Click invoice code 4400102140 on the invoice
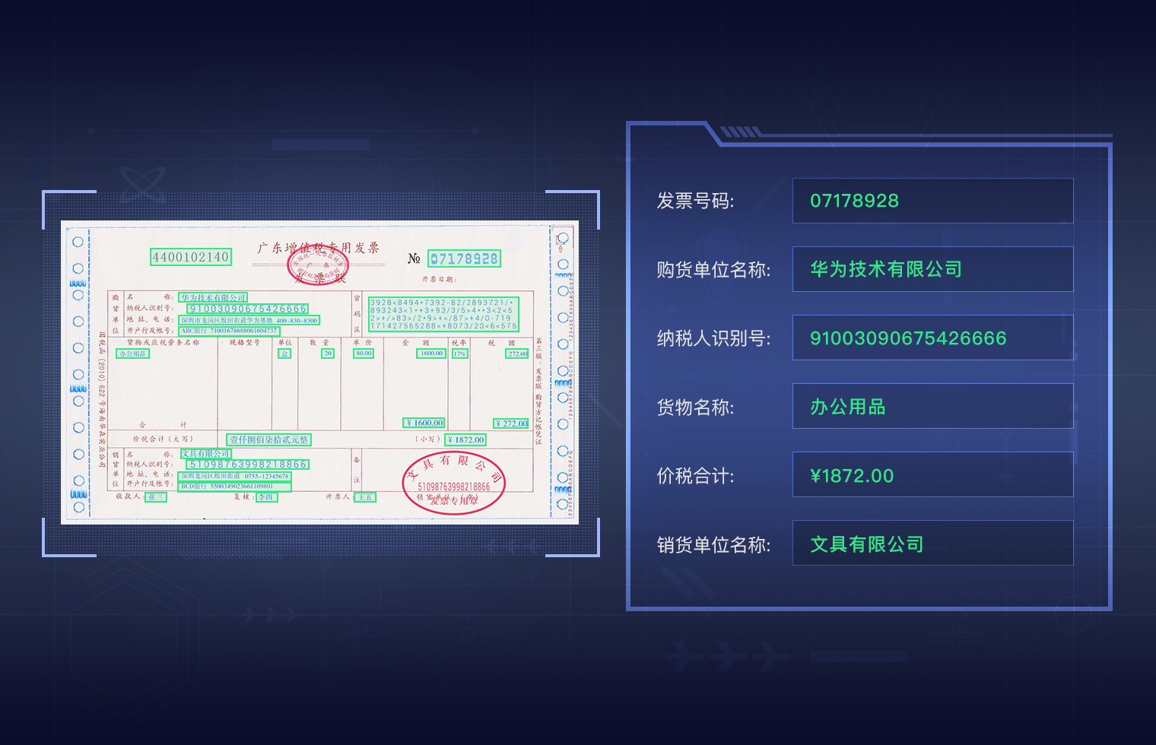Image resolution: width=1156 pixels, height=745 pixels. tap(190, 257)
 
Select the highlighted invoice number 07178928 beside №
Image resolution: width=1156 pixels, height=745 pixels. tap(464, 259)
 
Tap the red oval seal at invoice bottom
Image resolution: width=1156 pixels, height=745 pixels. tap(453, 483)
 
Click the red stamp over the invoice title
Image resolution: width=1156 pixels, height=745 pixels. tap(318, 265)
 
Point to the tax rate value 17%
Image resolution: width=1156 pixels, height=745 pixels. tap(459, 353)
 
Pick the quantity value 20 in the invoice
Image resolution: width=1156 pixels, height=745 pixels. tap(328, 353)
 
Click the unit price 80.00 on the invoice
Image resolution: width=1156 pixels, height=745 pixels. tap(364, 353)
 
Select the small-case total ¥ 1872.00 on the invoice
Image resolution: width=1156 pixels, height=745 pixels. tap(465, 439)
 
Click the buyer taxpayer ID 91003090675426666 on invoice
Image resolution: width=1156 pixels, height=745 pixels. tap(248, 309)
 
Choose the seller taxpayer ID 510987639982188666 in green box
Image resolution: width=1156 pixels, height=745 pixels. tap(248, 464)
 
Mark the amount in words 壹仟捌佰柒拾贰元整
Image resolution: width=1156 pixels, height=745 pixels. tap(269, 439)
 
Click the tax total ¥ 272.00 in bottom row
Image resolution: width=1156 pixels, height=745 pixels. tap(511, 423)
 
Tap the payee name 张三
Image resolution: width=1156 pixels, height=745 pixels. tap(156, 497)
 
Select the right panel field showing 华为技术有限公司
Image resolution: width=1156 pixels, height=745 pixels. tap(932, 269)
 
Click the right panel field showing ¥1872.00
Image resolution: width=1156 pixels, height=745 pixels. tap(932, 475)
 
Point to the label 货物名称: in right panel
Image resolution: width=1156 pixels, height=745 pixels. tap(695, 407)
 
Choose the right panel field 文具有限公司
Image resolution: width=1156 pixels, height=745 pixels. tap(932, 544)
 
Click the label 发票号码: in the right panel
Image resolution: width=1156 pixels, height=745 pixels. tap(695, 201)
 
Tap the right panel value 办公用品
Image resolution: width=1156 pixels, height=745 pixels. tap(932, 407)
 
